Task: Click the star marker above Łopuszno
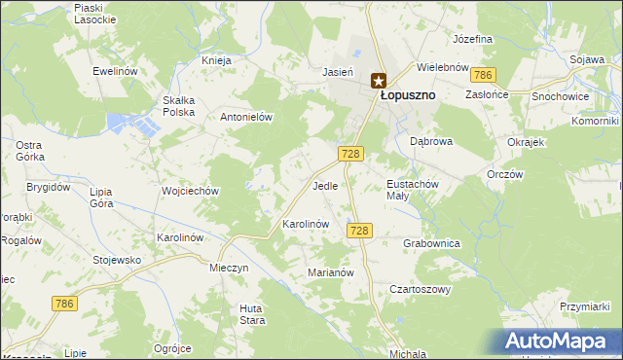(378, 81)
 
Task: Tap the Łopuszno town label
(407, 95)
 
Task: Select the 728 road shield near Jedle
(352, 154)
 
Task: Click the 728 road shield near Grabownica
(359, 230)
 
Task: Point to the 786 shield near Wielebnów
(482, 75)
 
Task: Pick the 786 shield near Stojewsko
(64, 305)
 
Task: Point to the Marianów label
(329, 272)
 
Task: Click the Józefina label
(473, 39)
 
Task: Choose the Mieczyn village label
(230, 267)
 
